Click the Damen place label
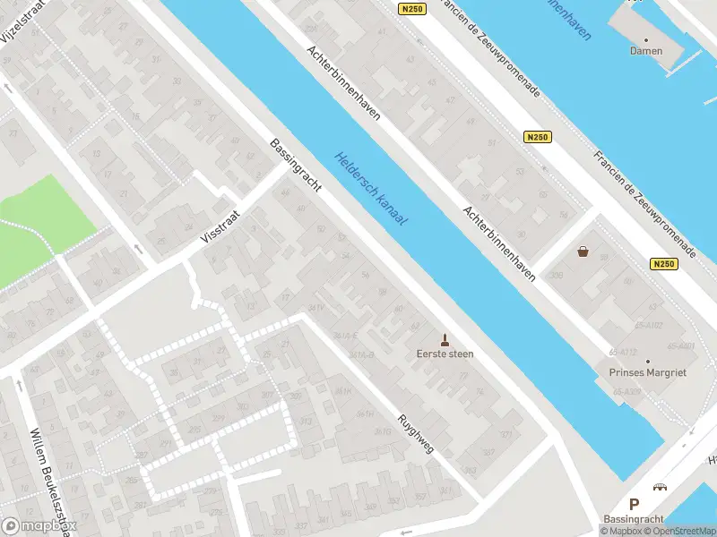tap(645, 51)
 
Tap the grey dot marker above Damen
tap(645, 38)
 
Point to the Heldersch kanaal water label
tap(371, 188)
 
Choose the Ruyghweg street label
tap(417, 431)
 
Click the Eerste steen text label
tap(445, 354)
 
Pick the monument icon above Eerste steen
tap(445, 338)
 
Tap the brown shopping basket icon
tap(583, 251)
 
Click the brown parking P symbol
tap(634, 505)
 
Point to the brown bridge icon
tap(661, 487)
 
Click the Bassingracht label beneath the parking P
tap(634, 520)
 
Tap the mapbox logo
tap(36, 526)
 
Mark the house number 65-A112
tap(622, 352)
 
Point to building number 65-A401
tap(681, 345)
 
